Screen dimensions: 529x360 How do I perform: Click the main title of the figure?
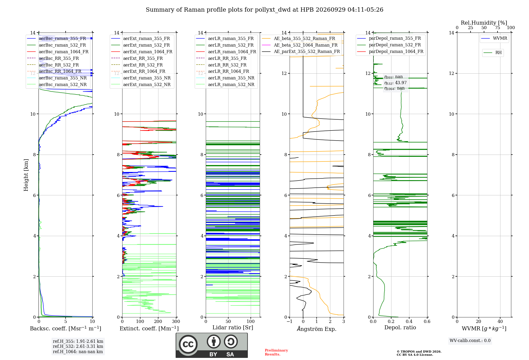264,10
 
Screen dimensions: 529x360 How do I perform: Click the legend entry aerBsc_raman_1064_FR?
58,52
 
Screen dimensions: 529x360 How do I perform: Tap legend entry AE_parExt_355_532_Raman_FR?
301,51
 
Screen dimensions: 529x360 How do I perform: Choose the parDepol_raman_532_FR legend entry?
389,45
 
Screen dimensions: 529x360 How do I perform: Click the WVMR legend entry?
494,38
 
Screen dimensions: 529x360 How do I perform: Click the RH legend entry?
492,53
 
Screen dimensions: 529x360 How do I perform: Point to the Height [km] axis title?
26,175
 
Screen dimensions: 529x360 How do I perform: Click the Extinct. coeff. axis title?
149,328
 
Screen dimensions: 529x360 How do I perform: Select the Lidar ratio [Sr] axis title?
233,328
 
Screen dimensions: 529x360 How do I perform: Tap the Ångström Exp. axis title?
317,328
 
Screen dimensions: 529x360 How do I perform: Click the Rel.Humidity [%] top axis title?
484,23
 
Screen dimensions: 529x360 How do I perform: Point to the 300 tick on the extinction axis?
176,321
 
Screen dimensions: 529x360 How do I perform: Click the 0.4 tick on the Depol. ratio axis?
409,321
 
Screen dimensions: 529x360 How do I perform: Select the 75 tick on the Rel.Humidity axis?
498,28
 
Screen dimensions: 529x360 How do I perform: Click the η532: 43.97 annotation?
395,83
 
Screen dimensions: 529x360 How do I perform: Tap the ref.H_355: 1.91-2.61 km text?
78,341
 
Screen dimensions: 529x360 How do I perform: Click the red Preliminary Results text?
276,352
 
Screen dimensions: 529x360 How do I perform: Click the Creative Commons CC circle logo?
188,344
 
